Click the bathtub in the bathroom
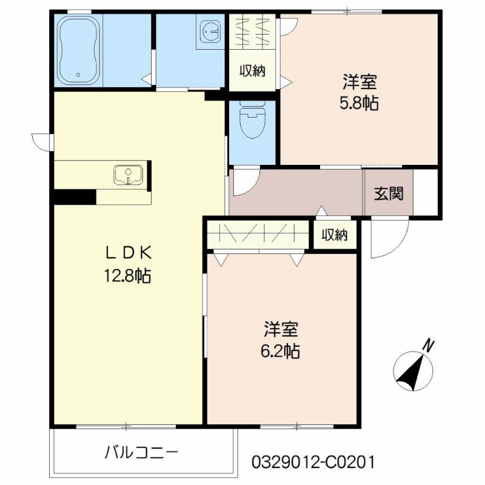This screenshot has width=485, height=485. (79, 50)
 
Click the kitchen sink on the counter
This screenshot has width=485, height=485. (128, 175)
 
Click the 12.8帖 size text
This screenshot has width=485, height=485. (127, 276)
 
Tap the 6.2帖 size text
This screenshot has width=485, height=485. (280, 351)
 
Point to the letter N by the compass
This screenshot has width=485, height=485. (429, 347)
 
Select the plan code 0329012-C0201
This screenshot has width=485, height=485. (313, 462)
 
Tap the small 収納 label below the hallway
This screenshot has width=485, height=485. (334, 235)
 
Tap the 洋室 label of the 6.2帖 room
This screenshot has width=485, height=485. (280, 330)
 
